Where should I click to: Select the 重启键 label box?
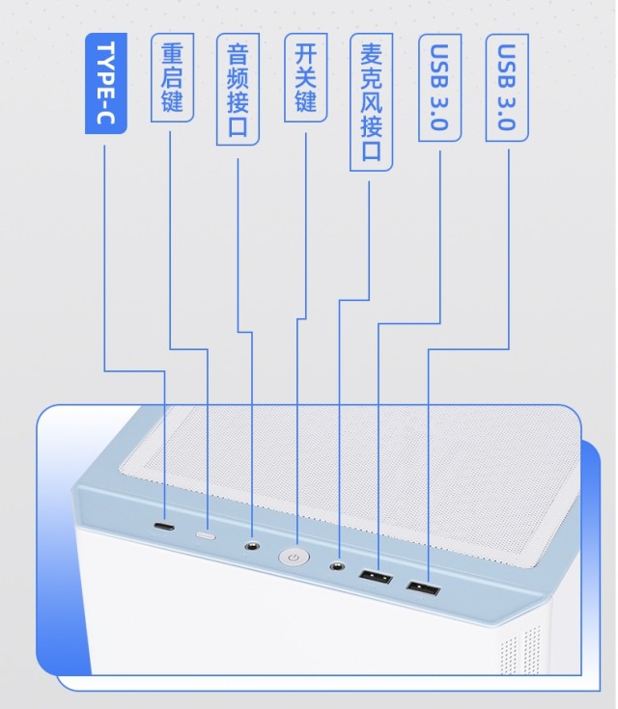coord(172,77)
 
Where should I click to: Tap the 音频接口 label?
coord(238,90)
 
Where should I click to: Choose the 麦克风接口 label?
coord(370,102)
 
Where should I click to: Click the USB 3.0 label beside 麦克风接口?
coord(439,89)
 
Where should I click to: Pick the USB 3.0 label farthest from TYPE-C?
coord(507,89)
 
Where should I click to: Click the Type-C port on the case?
coord(165,529)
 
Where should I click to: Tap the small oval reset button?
coord(207,534)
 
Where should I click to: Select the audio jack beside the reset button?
coord(252,546)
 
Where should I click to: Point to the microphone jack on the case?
coord(338,566)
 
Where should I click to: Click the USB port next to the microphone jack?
coord(375,577)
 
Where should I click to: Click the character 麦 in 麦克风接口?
coord(370,53)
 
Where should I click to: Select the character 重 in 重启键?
coord(172,53)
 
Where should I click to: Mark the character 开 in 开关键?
coord(305,53)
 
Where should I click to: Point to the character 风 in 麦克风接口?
coord(370,103)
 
